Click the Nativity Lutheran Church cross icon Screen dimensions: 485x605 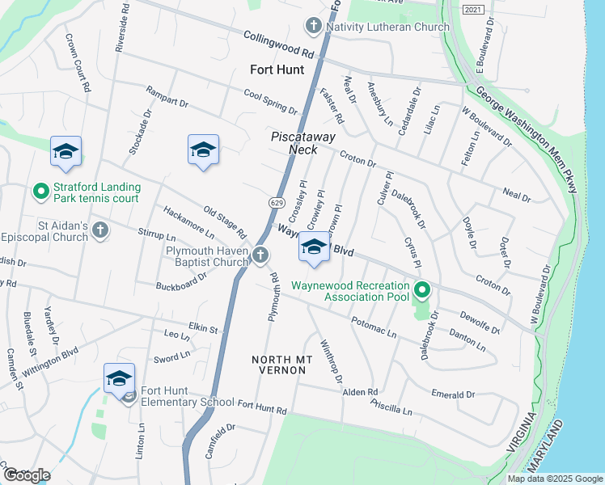[x=313, y=27]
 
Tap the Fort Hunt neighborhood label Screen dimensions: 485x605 [x=277, y=70]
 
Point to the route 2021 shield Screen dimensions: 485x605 [x=475, y=9]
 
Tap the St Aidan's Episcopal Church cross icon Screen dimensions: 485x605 [x=100, y=230]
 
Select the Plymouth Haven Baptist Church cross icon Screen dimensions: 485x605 [x=260, y=255]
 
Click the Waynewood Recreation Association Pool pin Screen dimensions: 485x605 [x=421, y=289]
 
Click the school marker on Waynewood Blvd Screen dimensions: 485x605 [x=314, y=247]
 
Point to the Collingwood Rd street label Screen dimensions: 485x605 [x=279, y=44]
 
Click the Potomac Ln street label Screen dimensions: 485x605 [x=374, y=327]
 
